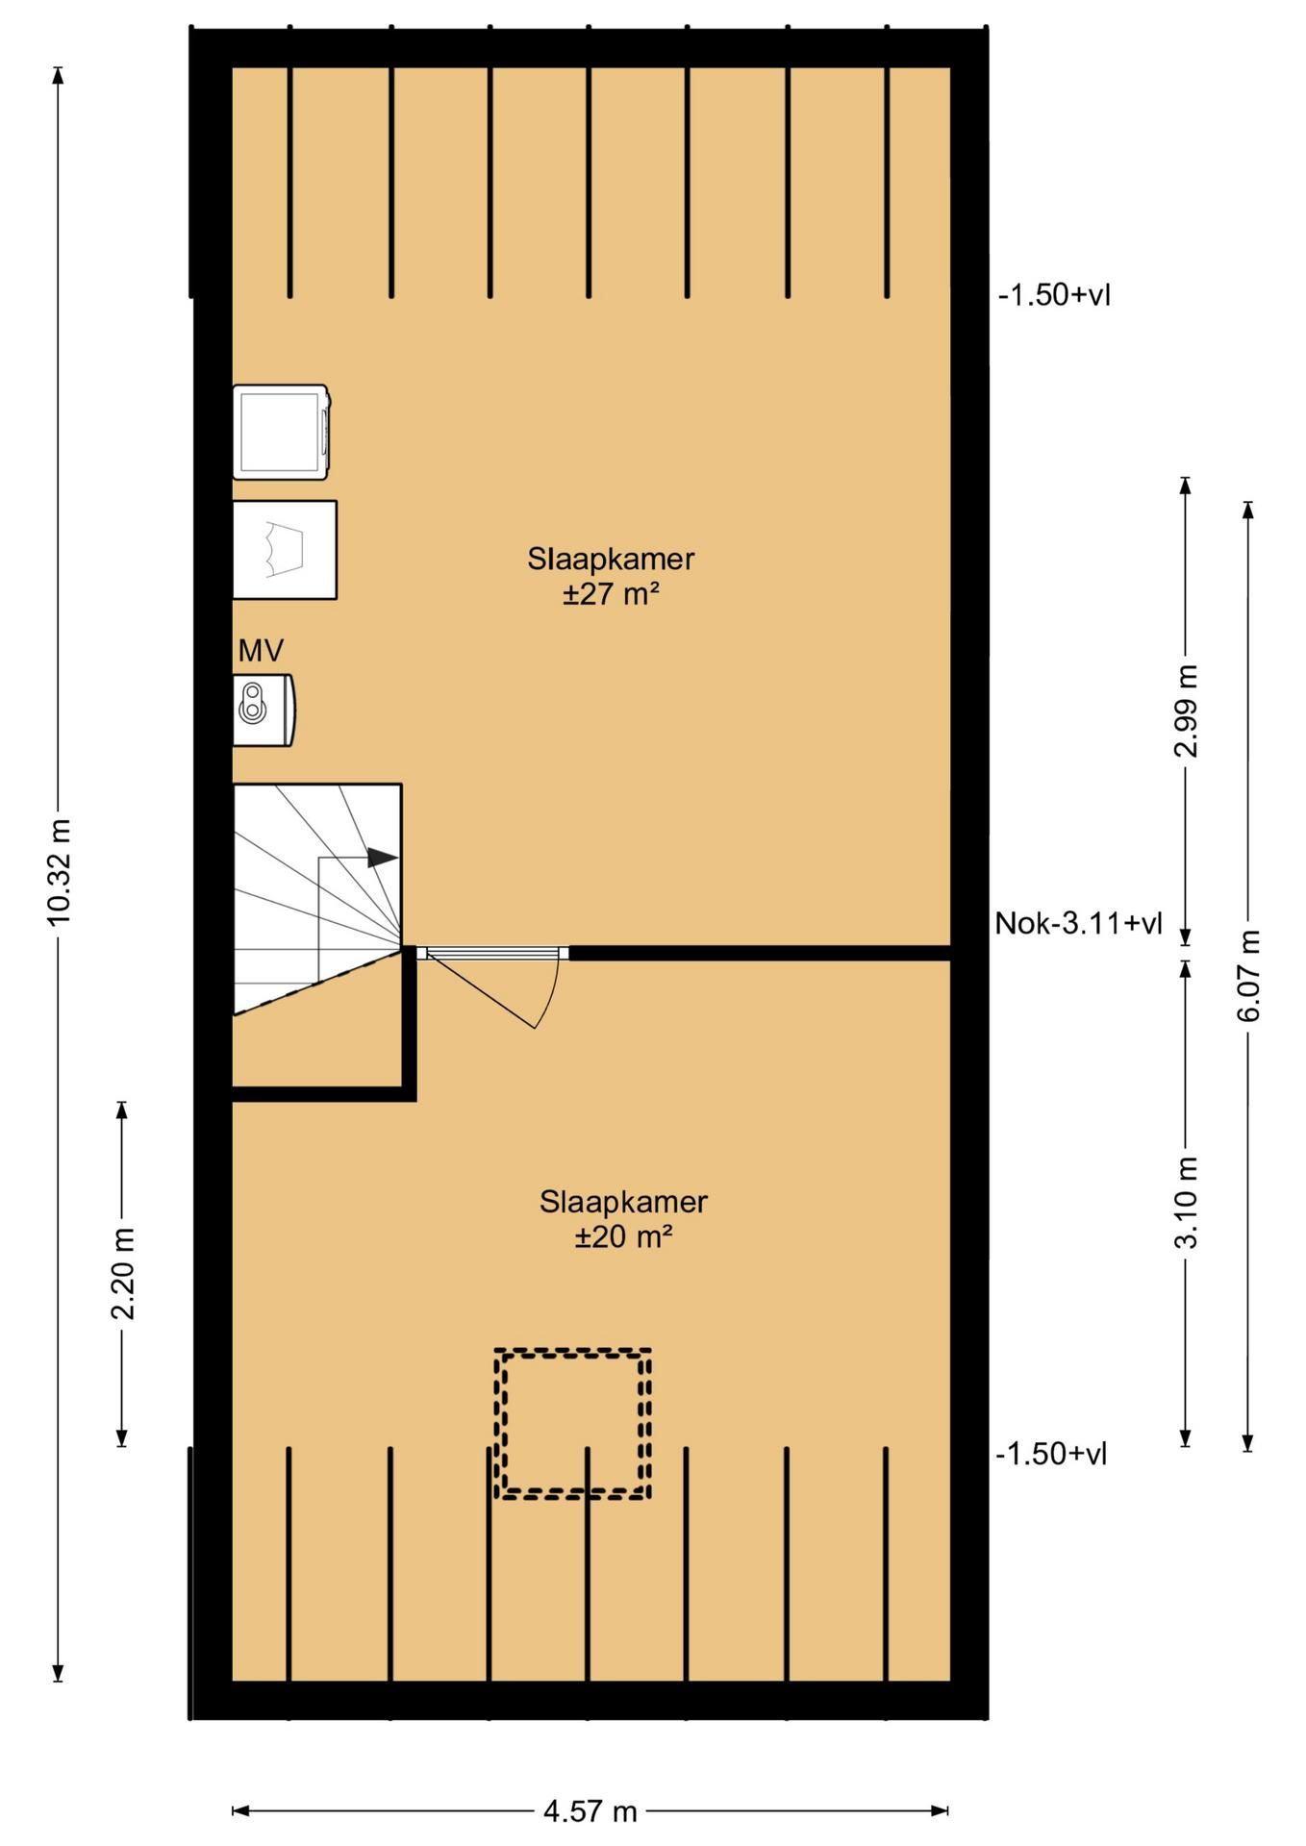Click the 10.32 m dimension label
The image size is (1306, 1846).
click(60, 872)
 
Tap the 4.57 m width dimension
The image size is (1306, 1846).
click(590, 1811)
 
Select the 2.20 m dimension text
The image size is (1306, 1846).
click(122, 1273)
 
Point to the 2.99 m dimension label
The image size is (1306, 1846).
click(1187, 711)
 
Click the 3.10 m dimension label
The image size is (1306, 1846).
click(1187, 1202)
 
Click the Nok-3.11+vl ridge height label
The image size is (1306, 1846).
click(1078, 924)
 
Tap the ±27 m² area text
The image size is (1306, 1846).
click(612, 594)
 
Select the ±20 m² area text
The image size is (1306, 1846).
click(623, 1236)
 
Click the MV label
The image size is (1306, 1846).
click(261, 651)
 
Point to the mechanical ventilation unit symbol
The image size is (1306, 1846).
click(264, 711)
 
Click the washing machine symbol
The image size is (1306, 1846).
click(282, 433)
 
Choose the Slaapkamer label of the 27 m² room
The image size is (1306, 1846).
click(611, 559)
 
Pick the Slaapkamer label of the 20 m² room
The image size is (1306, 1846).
click(623, 1201)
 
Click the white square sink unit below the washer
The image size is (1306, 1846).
click(285, 550)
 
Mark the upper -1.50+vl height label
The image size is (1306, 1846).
click(1055, 294)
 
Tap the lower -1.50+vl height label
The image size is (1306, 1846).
click(1051, 1454)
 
